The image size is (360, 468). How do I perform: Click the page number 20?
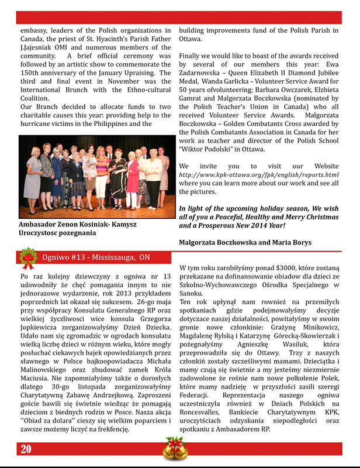click(x=25, y=449)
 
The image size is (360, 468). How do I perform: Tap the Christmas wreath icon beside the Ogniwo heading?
click(x=26, y=257)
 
